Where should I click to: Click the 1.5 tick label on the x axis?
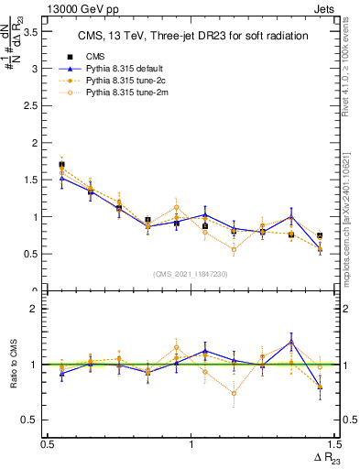click(x=334, y=444)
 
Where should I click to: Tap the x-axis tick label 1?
click(x=191, y=444)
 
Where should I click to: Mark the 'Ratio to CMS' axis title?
click(x=12, y=364)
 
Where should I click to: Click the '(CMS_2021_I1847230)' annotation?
click(x=191, y=274)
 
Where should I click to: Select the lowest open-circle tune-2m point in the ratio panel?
click(x=235, y=394)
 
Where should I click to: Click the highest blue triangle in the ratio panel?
click(x=291, y=342)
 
